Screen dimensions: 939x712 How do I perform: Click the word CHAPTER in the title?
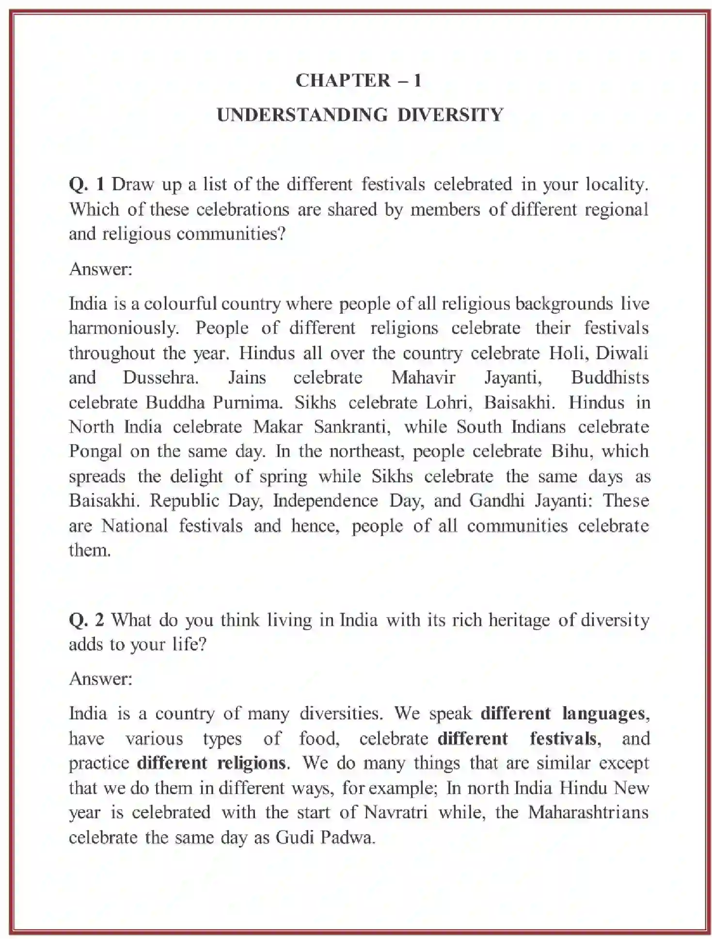click(x=343, y=80)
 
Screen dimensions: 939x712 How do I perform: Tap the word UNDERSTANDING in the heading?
click(x=302, y=115)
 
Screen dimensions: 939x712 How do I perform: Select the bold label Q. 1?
click(x=87, y=184)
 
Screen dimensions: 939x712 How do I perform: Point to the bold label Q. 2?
click(x=86, y=620)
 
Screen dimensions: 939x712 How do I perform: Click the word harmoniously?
click(x=124, y=328)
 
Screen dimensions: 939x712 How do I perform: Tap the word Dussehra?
click(x=160, y=378)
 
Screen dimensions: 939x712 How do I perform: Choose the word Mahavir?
click(x=423, y=378)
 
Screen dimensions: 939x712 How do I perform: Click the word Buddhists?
click(x=610, y=378)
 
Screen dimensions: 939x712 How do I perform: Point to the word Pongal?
click(x=95, y=452)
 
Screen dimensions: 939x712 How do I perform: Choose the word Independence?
click(x=325, y=501)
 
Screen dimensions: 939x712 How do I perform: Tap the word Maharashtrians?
click(x=588, y=813)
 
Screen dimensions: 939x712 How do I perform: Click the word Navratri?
click(x=396, y=813)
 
